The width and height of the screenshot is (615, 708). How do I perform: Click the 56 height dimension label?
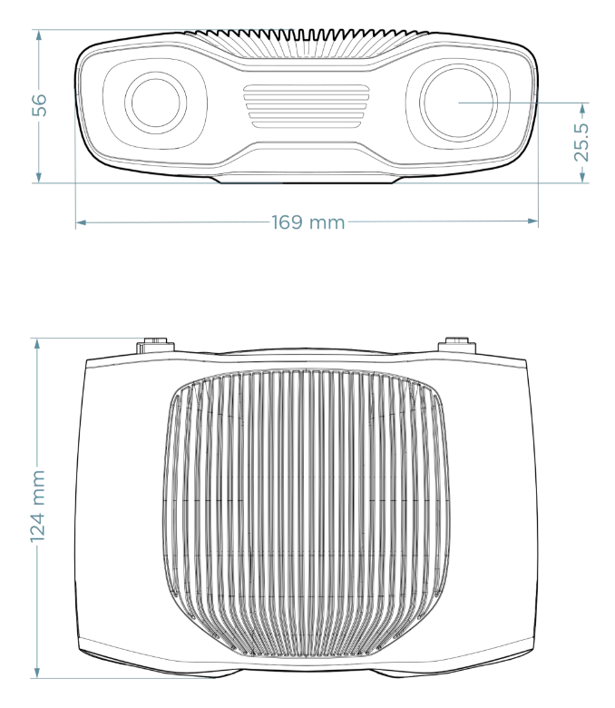click(x=40, y=105)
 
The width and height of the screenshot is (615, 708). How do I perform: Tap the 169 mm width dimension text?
click(x=308, y=222)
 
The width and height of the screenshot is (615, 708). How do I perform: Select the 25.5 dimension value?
click(x=582, y=143)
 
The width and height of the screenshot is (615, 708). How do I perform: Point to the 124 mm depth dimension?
click(x=38, y=506)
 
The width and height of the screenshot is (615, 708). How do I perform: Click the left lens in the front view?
click(x=156, y=103)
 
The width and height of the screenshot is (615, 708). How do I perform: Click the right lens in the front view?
click(x=458, y=103)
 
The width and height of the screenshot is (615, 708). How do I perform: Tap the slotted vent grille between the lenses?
click(x=307, y=106)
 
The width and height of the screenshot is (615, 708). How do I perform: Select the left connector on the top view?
click(x=155, y=346)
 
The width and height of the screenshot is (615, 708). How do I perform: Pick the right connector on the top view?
click(x=457, y=345)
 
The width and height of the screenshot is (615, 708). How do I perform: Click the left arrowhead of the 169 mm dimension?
click(x=81, y=222)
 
